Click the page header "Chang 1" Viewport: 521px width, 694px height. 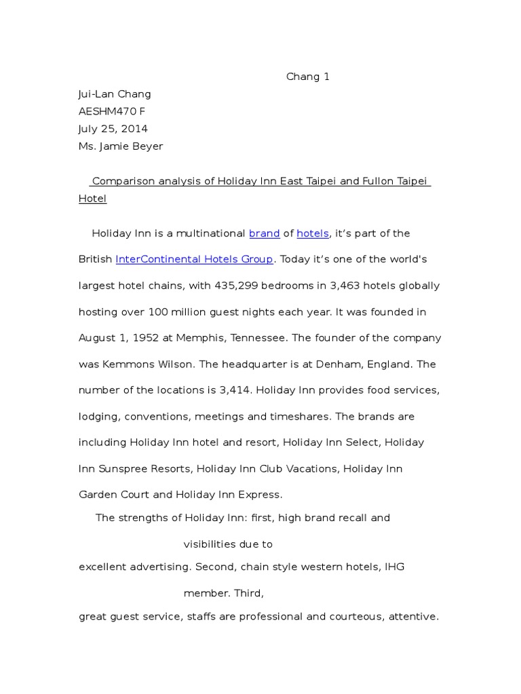(x=307, y=77)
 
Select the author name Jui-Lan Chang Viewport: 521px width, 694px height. (x=115, y=94)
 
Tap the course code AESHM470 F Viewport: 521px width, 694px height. (x=112, y=112)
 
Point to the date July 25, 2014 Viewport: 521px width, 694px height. (x=113, y=129)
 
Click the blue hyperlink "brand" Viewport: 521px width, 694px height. (x=265, y=234)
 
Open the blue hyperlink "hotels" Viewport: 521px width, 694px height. (x=313, y=234)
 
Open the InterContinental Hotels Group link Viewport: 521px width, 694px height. (x=195, y=260)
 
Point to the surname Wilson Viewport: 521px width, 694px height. (x=174, y=365)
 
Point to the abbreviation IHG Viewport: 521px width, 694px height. (x=394, y=567)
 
